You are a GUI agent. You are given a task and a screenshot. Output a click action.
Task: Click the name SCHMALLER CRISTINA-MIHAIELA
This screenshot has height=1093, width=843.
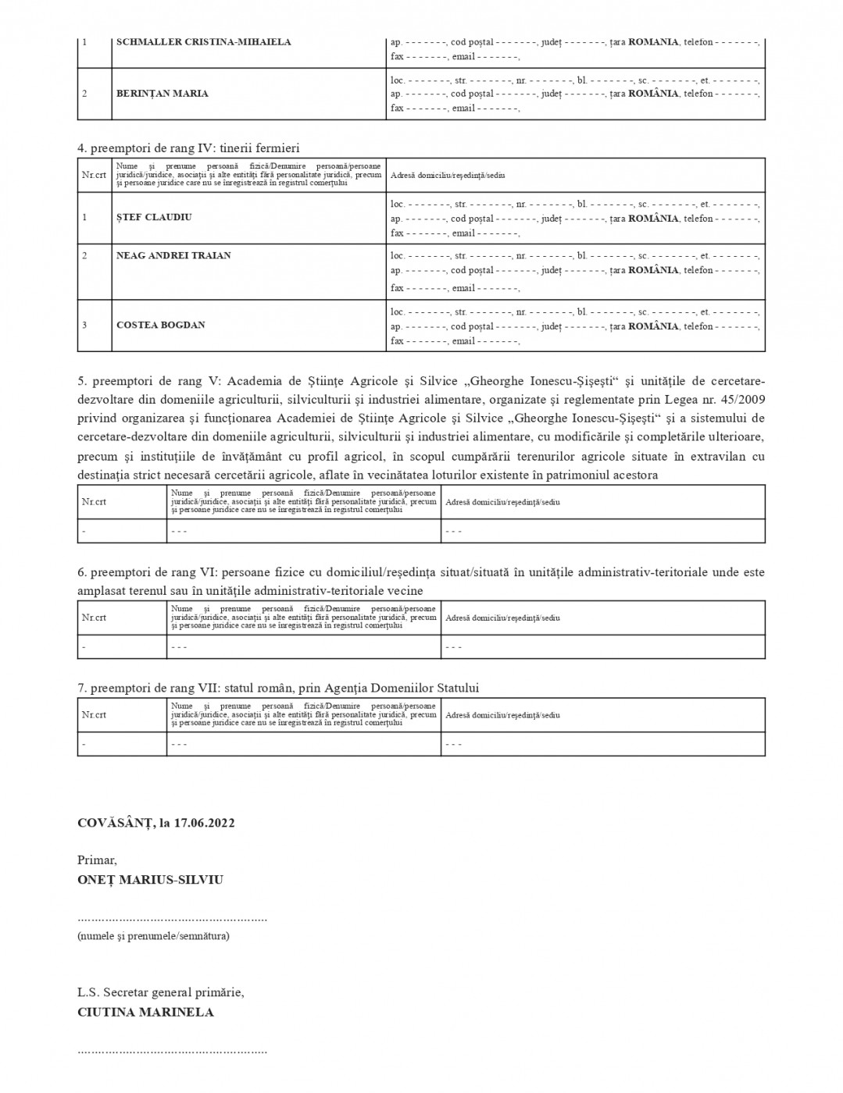(203, 42)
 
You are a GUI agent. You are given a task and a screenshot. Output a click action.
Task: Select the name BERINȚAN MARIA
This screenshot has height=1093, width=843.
(163, 94)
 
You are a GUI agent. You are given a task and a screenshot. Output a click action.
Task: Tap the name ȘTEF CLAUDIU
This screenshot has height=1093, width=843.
(154, 217)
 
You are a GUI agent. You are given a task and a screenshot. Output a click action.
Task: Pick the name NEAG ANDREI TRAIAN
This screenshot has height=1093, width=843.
(173, 255)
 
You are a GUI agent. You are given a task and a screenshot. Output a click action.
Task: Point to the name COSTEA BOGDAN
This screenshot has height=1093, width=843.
(160, 325)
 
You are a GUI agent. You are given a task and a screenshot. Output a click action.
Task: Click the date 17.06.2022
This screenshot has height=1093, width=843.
(205, 823)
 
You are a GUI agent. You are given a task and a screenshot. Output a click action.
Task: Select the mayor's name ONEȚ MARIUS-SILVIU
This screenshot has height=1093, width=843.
(150, 880)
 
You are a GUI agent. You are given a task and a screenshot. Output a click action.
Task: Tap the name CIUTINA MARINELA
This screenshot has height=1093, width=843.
(145, 1013)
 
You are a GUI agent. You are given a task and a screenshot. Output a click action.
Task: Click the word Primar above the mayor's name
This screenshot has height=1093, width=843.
(97, 860)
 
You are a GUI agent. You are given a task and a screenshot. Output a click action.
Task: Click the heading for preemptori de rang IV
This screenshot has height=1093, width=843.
(188, 148)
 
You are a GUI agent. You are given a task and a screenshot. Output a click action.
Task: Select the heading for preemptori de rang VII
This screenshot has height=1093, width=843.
(277, 688)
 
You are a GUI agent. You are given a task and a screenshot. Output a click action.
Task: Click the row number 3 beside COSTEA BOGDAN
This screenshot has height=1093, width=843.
(84, 325)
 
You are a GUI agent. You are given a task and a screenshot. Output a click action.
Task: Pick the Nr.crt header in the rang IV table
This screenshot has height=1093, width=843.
(94, 175)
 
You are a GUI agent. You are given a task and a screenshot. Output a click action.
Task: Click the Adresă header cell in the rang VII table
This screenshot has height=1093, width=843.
(502, 715)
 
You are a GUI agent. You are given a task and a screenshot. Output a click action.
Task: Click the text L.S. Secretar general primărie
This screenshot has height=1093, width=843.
(160, 993)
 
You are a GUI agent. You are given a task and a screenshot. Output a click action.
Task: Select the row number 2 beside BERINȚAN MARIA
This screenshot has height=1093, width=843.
(84, 94)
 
